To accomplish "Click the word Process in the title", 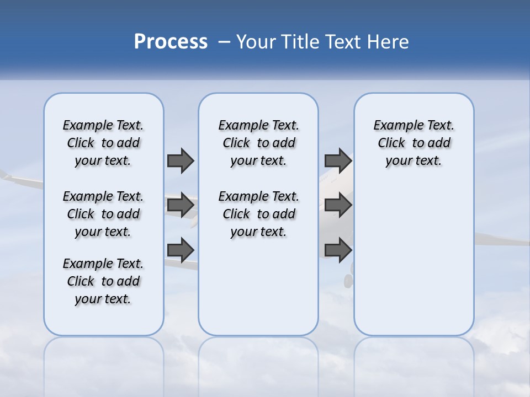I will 171,42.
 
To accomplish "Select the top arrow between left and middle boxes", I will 181,160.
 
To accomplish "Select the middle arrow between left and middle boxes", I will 181,205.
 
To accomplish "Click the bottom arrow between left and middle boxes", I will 181,250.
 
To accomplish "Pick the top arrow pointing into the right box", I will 338,160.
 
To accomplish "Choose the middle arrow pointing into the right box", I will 338,205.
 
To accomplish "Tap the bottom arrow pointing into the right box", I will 338,250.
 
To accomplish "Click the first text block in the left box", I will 103,143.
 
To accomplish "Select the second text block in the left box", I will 103,214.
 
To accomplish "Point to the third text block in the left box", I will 103,281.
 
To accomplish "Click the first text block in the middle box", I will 258,143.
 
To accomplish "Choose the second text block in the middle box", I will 258,214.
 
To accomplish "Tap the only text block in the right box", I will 414,143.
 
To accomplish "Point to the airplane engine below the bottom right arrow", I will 348,281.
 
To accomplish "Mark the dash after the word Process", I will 224,42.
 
